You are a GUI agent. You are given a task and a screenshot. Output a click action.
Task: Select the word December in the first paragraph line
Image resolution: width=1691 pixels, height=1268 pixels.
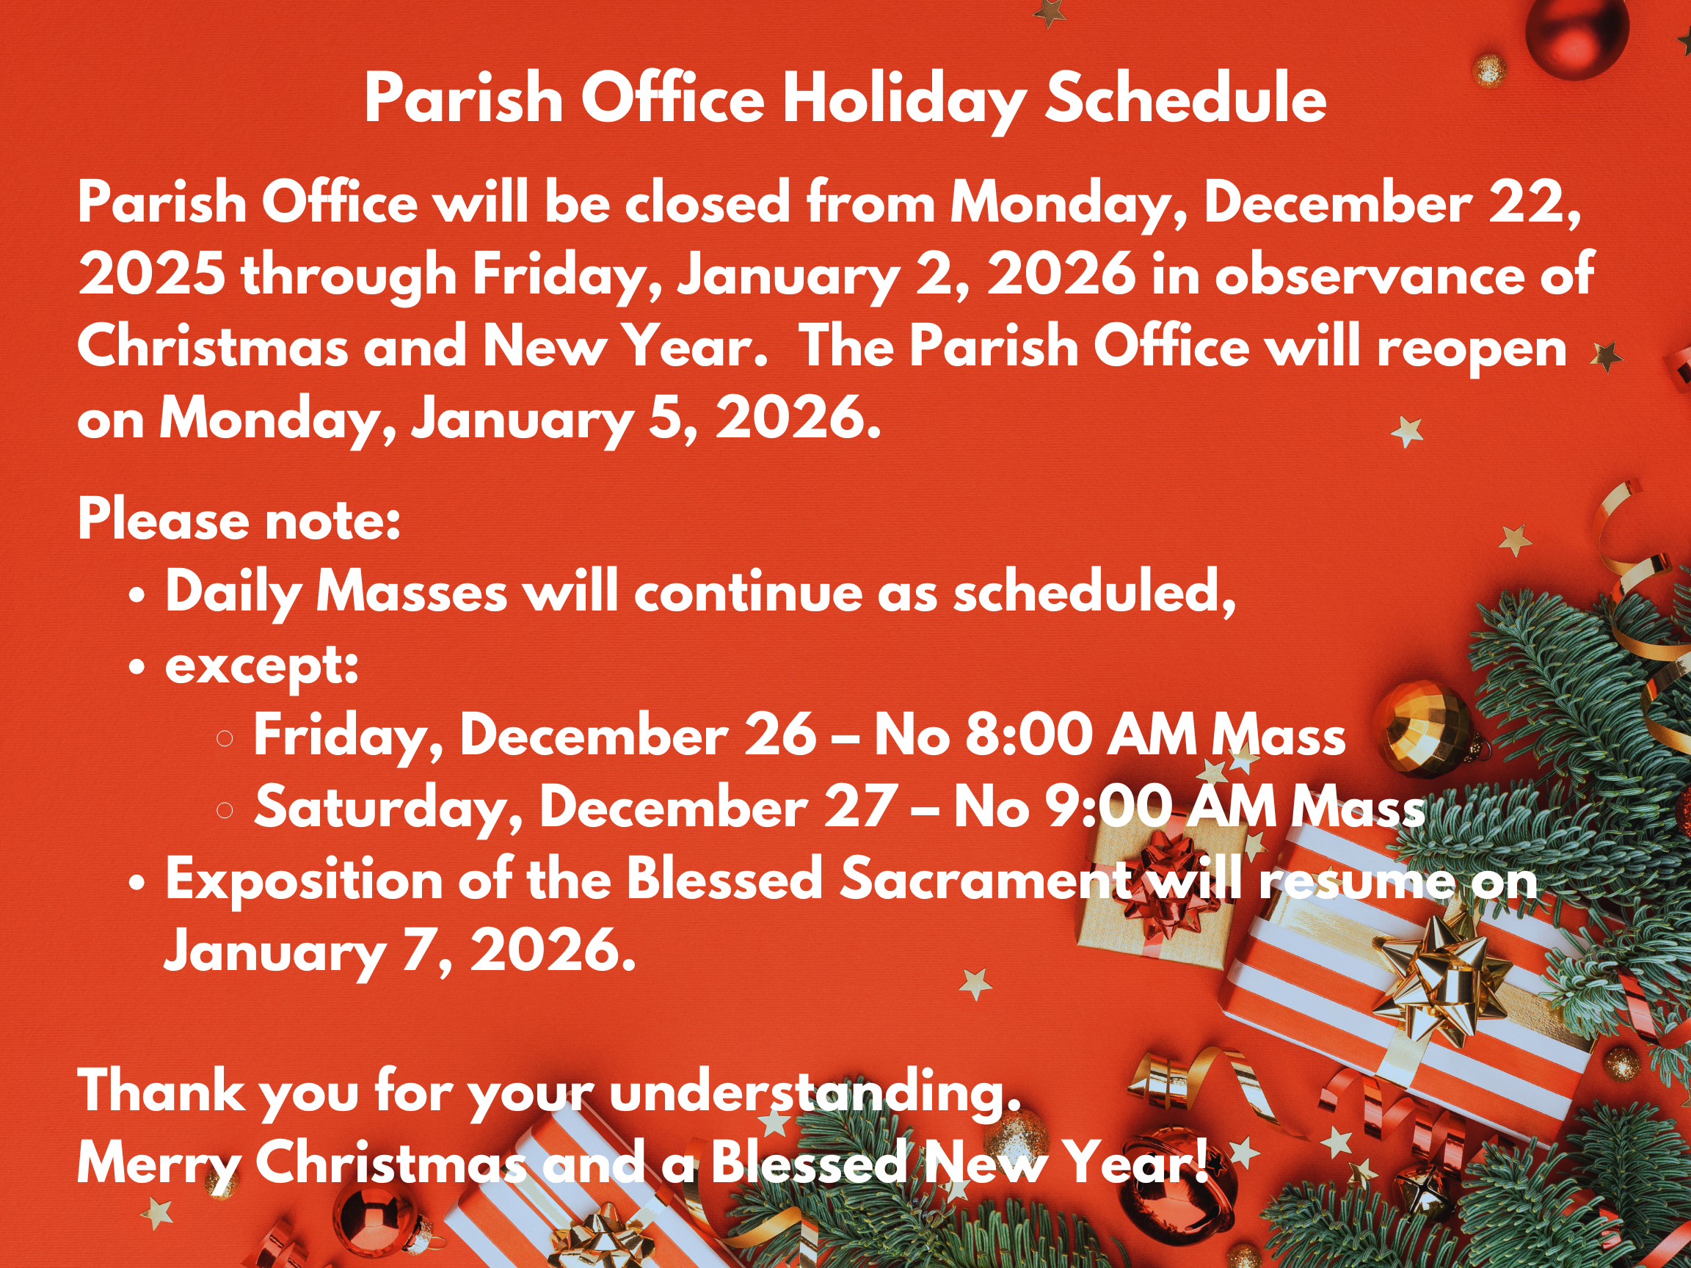(1338, 203)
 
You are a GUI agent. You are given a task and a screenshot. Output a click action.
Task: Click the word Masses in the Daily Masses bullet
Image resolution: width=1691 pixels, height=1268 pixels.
(412, 592)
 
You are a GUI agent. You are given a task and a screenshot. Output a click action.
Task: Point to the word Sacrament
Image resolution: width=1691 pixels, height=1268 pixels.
(986, 879)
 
